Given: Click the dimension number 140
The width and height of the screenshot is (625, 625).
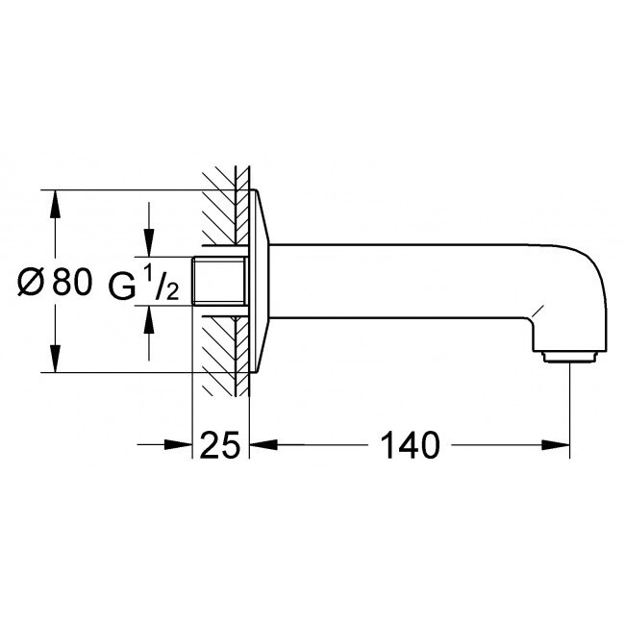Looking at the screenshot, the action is pyautogui.click(x=411, y=444).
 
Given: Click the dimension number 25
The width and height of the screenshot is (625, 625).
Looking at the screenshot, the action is pyautogui.click(x=220, y=444).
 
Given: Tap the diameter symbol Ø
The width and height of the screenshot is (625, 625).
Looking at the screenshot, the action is pyautogui.click(x=30, y=282).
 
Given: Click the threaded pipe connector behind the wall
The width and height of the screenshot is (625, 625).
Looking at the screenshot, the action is pyautogui.click(x=218, y=281).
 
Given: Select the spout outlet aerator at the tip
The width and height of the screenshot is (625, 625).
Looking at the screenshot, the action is pyautogui.click(x=569, y=357).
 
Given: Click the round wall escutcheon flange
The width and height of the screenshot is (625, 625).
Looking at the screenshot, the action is pyautogui.click(x=259, y=281).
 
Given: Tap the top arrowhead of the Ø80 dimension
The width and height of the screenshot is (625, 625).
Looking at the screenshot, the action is pyautogui.click(x=55, y=204).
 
